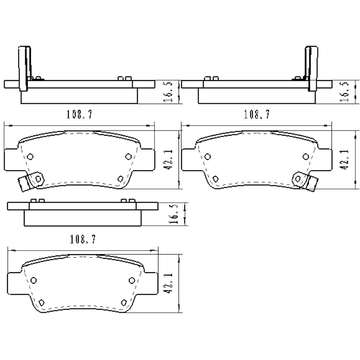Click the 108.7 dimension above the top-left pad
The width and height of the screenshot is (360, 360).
click(79, 114)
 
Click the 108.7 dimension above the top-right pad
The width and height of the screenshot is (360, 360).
click(257, 114)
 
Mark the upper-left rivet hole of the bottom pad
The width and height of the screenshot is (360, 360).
click(34, 280)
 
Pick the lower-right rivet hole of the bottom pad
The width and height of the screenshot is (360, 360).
click(124, 302)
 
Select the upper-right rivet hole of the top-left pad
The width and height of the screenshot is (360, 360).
click(128, 156)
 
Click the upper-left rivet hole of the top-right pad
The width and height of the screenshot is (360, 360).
click(207, 156)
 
